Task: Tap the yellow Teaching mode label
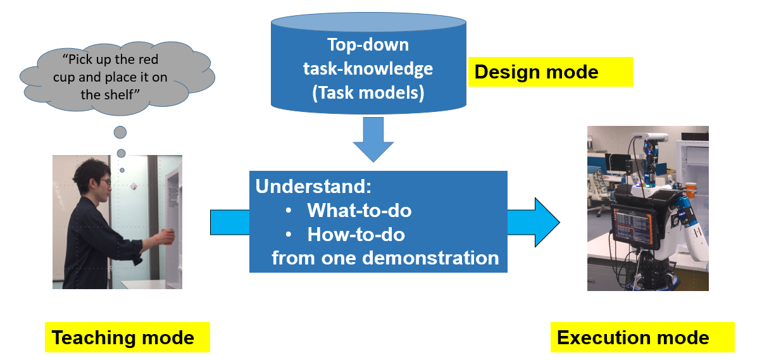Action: (127, 337)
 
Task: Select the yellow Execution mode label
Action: (642, 337)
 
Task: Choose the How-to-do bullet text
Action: (356, 235)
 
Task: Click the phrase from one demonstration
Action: (385, 258)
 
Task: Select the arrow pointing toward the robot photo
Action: (535, 222)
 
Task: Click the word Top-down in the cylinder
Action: (368, 45)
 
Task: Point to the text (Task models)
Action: (368, 93)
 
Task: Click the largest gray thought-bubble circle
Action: (120, 132)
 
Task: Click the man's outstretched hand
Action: (166, 236)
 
